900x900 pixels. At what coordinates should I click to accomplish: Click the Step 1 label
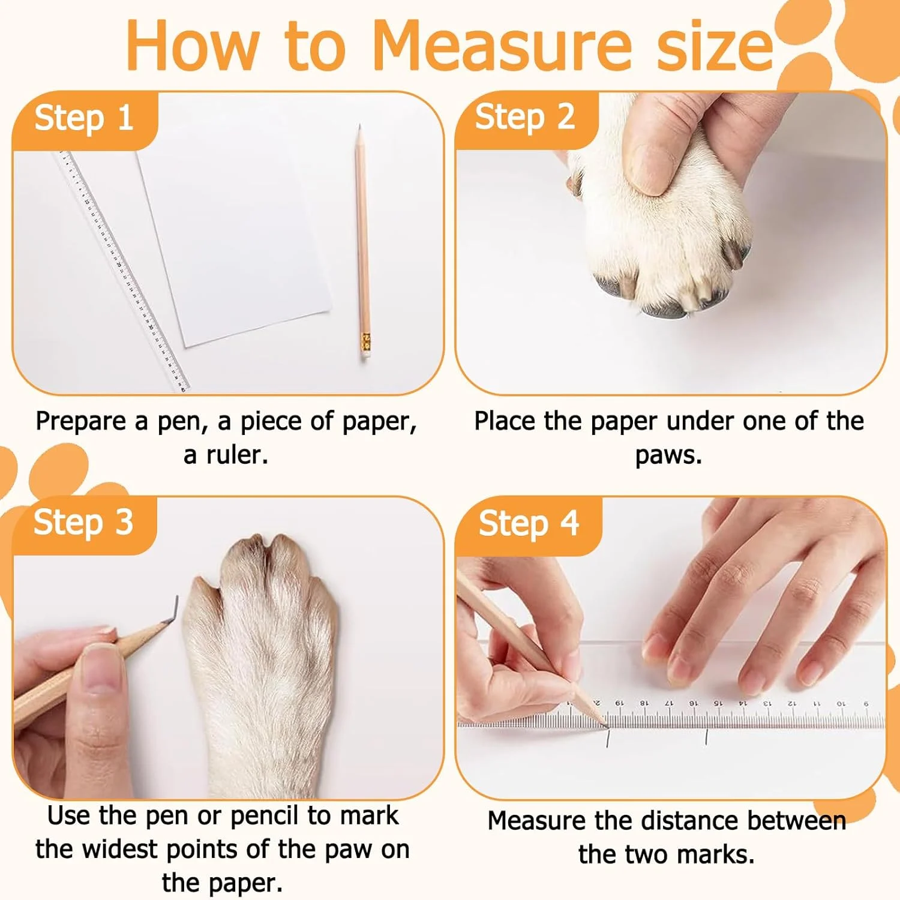pos(83,118)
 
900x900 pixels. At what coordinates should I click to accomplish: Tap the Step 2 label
pos(525,117)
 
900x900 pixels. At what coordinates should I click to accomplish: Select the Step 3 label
pos(83,523)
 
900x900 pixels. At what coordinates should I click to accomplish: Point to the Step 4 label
pos(529,524)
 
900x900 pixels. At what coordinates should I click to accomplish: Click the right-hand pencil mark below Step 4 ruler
pos(707,737)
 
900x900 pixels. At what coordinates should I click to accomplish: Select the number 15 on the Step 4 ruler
pos(718,703)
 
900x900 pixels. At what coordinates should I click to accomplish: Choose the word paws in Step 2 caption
pos(668,456)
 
